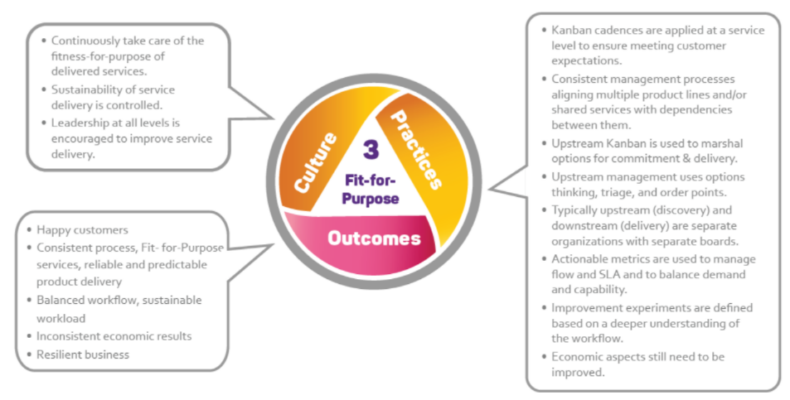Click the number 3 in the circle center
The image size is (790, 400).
point(371,150)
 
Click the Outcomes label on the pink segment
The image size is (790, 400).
point(373,239)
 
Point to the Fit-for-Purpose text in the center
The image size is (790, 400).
point(372,188)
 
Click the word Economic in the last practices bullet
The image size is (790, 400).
point(579,356)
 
